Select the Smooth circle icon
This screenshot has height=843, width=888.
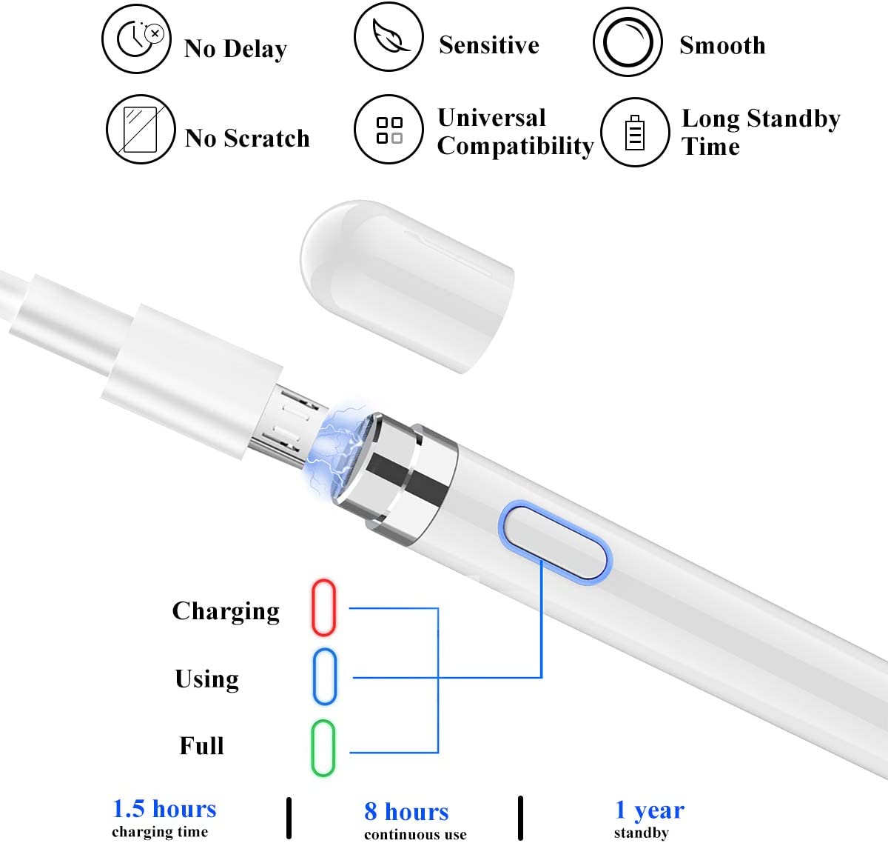[628, 41]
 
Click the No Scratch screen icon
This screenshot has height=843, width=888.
[141, 129]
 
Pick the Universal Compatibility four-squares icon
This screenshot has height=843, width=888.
[389, 130]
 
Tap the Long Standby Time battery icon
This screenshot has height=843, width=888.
[635, 132]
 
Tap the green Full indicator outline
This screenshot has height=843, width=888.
[323, 747]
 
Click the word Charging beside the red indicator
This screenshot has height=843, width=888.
[226, 611]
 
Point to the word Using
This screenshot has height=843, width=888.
[206, 679]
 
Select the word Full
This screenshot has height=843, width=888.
[201, 745]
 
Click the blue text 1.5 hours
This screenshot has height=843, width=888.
[164, 808]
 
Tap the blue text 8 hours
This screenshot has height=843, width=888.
[406, 811]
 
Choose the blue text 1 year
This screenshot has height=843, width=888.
[649, 810]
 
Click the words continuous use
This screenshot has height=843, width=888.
[415, 835]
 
